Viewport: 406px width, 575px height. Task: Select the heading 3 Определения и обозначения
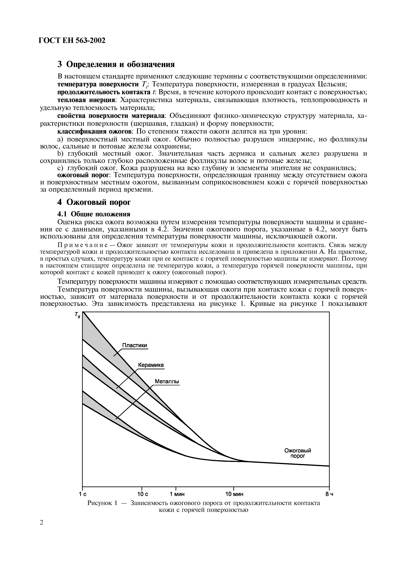[x=116, y=64]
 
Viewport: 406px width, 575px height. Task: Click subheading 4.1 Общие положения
[x=94, y=214]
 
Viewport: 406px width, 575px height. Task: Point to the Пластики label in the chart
[x=135, y=345]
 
